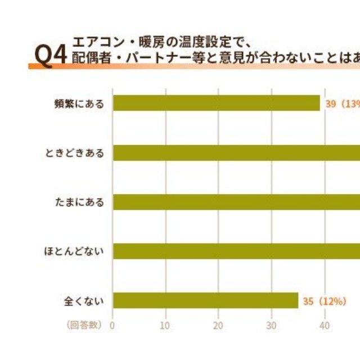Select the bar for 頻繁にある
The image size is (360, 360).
217,103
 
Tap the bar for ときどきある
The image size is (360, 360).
236,152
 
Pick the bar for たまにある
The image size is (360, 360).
236,202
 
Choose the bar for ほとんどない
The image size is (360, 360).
236,251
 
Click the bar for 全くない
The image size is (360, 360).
205,300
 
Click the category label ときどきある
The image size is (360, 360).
75,153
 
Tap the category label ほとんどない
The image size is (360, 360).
75,251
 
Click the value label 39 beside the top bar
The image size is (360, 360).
331,103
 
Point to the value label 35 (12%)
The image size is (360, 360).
324,301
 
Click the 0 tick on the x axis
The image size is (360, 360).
112,325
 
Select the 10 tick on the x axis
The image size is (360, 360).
165,325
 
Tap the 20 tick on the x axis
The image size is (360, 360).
218,325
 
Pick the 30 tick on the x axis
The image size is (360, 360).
271,325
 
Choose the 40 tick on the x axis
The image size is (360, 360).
324,325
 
